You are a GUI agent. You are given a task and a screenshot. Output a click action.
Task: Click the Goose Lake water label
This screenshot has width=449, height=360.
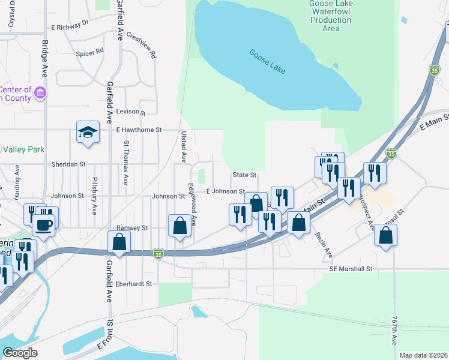tap(268, 61)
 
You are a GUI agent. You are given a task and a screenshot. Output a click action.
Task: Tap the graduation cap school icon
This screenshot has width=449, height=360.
tap(88, 133)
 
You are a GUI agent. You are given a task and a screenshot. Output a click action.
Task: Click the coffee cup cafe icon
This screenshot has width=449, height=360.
tap(44, 226)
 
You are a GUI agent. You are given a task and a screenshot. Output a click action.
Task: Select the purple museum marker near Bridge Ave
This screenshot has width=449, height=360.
tap(40, 92)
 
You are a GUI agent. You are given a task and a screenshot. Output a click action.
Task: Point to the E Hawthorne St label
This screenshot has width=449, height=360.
tap(139, 130)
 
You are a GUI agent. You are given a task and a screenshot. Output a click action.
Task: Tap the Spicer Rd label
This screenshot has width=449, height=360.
tap(89, 53)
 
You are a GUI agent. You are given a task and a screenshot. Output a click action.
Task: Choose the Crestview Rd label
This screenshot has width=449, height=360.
tap(142, 45)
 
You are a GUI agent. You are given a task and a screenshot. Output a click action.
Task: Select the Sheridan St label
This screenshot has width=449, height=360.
tap(68, 163)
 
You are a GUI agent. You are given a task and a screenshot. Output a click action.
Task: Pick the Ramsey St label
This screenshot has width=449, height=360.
tap(132, 228)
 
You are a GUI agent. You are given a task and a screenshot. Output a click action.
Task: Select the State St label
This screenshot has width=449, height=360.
tap(244, 175)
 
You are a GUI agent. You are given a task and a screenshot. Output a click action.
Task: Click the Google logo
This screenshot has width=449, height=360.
tap(20, 353)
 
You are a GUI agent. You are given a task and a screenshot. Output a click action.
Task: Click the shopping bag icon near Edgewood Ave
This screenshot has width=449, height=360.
tap(179, 226)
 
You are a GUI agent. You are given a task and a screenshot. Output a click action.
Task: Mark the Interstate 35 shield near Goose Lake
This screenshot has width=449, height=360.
tap(434, 70)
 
